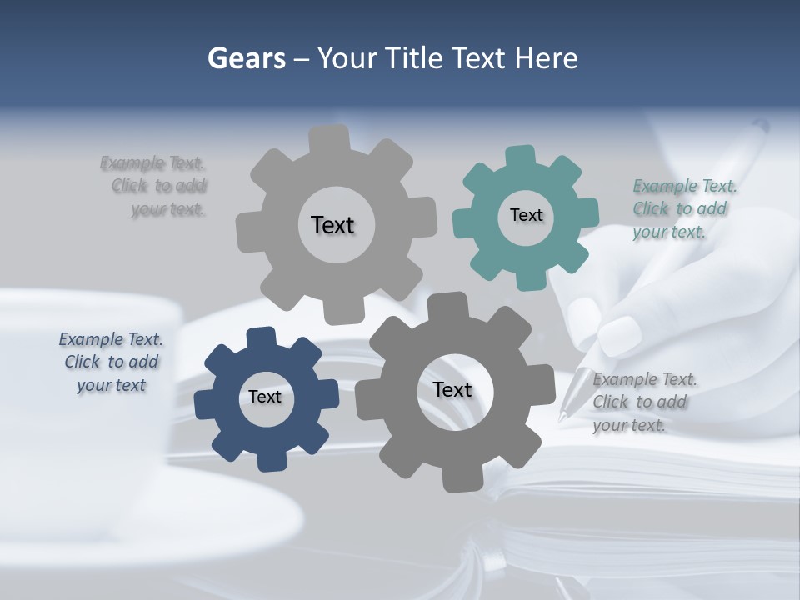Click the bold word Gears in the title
pos(246,58)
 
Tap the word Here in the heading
pos(547,58)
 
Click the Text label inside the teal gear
pos(526,215)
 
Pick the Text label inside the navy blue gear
pos(265,397)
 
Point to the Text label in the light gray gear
pos(332,225)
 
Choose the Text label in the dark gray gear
pos(452,389)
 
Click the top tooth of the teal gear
pos(520,156)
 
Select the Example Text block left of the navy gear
pos(111,362)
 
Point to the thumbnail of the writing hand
pos(617,335)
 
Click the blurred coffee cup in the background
pos(83,367)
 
